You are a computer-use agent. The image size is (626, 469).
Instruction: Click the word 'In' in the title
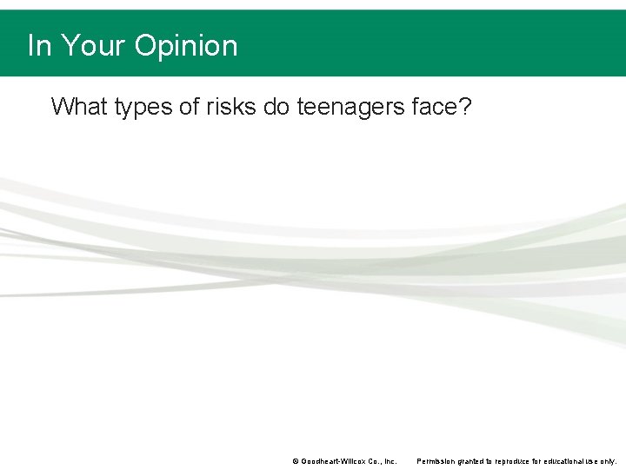(x=37, y=45)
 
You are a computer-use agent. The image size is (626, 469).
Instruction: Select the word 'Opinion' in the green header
(x=185, y=45)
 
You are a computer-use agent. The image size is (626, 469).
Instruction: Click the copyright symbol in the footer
(x=295, y=461)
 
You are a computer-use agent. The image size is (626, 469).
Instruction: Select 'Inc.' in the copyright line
(x=389, y=461)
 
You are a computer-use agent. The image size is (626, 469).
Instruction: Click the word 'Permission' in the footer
(x=436, y=461)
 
